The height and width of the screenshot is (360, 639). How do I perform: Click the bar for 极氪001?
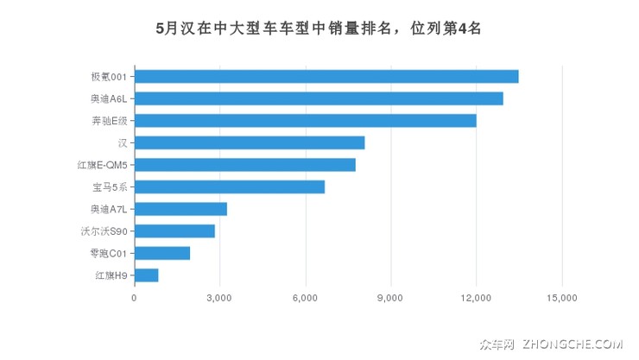(x=326, y=77)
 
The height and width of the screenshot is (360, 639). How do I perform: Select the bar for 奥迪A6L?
(x=319, y=98)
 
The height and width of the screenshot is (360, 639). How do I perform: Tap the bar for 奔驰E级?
(x=306, y=121)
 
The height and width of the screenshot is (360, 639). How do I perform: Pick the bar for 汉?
(x=250, y=142)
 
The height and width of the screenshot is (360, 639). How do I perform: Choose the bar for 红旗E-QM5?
(x=245, y=165)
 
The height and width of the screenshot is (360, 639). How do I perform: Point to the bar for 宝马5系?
(x=230, y=186)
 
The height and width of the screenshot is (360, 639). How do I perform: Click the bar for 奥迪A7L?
(x=180, y=209)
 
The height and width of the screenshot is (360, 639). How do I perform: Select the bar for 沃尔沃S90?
(x=174, y=231)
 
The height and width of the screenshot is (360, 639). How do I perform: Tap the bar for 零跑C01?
(x=162, y=253)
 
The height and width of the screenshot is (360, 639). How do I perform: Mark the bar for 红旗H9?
(x=147, y=275)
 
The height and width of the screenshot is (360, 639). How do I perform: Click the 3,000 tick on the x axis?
(x=220, y=298)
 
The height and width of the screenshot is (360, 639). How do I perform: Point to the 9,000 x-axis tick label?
(x=391, y=298)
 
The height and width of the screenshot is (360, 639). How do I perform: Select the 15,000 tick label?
(x=562, y=298)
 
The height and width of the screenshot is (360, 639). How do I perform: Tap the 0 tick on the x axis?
(x=135, y=298)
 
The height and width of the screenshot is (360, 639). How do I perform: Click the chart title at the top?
(x=319, y=28)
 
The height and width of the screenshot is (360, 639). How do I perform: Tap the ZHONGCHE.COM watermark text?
(x=572, y=344)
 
